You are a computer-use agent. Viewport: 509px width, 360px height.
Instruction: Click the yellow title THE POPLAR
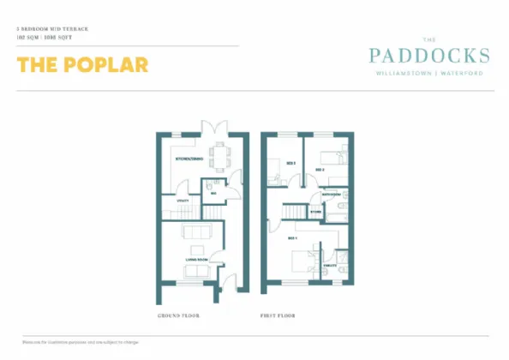pos(82,65)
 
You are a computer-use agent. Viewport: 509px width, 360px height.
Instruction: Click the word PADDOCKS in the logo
pos(428,57)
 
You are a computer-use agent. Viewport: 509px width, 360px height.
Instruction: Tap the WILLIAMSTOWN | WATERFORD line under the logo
pos(428,74)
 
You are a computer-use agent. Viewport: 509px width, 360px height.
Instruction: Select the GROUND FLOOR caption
pos(178,315)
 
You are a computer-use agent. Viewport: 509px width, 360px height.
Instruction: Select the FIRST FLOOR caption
pos(278,315)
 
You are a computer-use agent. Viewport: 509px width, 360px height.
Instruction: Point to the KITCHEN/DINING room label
pos(189,159)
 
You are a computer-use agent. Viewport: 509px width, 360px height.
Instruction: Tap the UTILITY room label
pos(183,201)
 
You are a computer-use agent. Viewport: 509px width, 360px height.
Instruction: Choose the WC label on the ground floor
pos(213,194)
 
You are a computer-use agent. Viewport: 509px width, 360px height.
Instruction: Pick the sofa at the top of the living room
pos(198,232)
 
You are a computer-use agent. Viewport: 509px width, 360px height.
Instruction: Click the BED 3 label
pos(290,163)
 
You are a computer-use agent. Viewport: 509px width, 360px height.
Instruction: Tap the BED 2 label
pos(319,171)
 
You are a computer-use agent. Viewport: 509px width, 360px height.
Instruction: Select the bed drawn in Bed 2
pos(332,157)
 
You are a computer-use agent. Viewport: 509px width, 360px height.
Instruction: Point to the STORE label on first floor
pos(315,211)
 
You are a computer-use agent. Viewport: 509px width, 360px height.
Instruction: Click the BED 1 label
pos(292,237)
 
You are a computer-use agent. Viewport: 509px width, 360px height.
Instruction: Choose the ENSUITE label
pos(328,267)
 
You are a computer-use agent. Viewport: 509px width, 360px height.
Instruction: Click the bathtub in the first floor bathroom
pos(343,207)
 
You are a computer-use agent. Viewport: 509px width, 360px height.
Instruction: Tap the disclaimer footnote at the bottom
pos(81,342)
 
